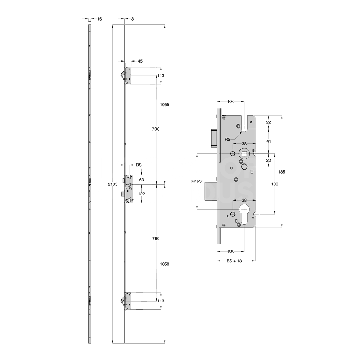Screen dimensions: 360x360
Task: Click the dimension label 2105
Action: [x=113, y=184]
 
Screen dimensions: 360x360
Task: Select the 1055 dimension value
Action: [x=165, y=104]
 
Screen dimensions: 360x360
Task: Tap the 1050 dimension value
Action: [x=165, y=264]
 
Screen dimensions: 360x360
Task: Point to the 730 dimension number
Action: [x=156, y=129]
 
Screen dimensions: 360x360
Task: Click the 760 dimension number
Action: [x=156, y=239]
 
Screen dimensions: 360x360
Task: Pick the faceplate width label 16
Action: [x=100, y=19]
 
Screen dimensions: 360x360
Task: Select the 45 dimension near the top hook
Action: [x=140, y=61]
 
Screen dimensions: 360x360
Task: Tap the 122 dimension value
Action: [x=141, y=194]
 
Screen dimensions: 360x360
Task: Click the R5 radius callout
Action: [x=227, y=139]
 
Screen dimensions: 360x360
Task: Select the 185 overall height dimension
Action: [x=282, y=172]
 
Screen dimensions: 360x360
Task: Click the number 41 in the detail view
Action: [x=269, y=141]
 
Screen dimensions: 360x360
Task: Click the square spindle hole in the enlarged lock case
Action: [x=244, y=154]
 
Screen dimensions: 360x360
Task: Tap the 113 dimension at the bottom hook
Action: [x=161, y=301]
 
